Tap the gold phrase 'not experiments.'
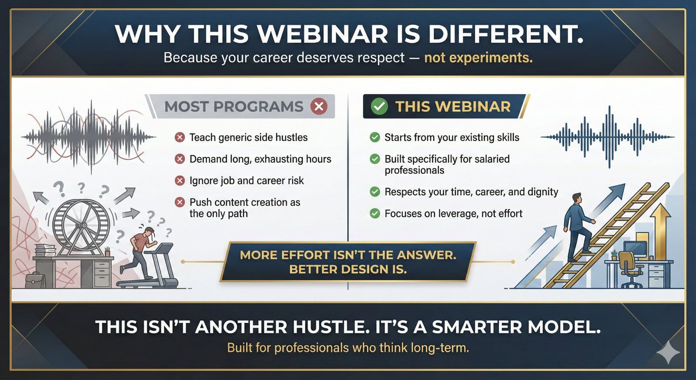click(x=478, y=58)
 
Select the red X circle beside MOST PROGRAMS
click(x=319, y=106)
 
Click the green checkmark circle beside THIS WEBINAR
click(x=379, y=106)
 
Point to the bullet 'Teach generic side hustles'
click(x=248, y=138)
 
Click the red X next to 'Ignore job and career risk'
click(x=180, y=181)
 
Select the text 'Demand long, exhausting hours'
click(x=260, y=159)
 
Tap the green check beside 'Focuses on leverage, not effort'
click(x=375, y=214)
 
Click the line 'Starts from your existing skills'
click(x=452, y=138)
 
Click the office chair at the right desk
click(x=629, y=268)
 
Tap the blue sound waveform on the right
click(x=608, y=137)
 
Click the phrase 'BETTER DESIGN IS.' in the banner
click(x=348, y=269)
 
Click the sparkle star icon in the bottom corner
click(x=668, y=352)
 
